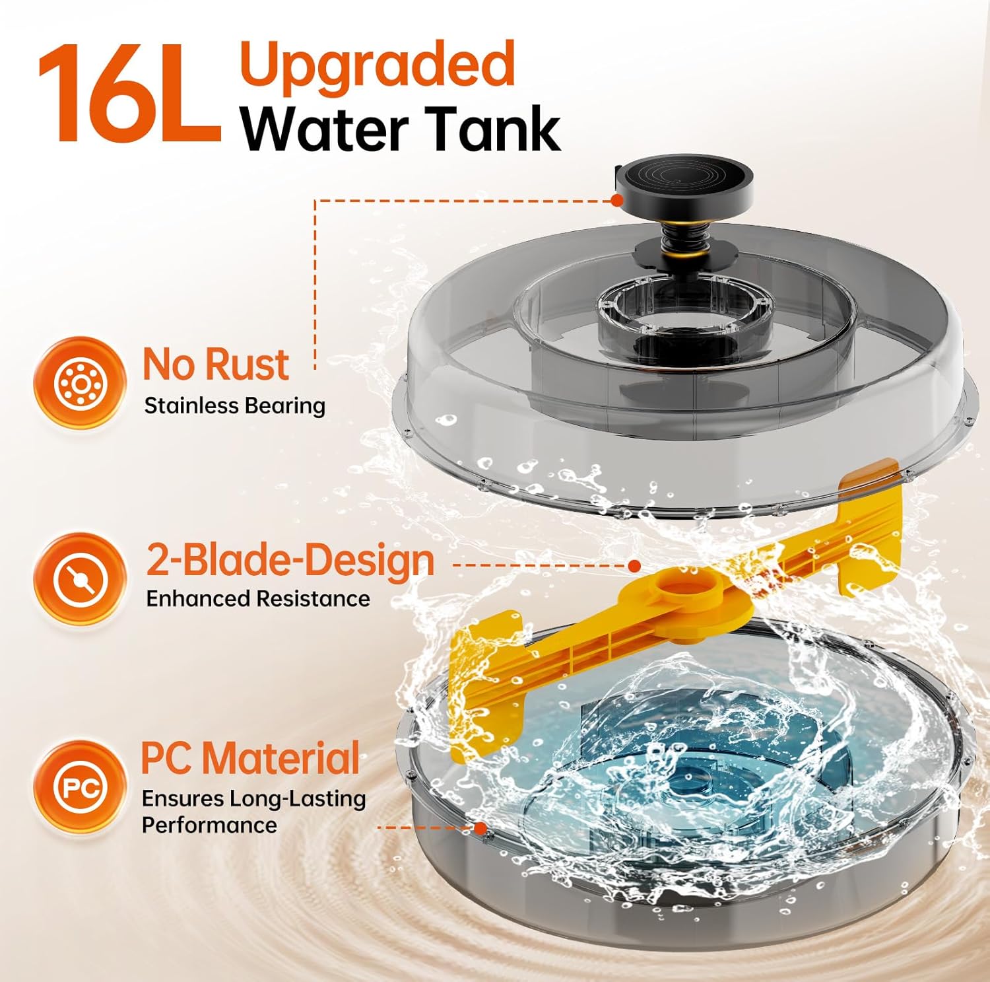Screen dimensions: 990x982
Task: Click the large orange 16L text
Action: [129, 94]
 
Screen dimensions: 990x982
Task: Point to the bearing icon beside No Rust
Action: [80, 383]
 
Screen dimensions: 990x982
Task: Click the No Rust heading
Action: [216, 364]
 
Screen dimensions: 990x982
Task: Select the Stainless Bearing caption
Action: [235, 405]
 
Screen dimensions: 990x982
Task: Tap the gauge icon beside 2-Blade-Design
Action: [80, 579]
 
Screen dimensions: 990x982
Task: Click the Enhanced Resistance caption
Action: [258, 598]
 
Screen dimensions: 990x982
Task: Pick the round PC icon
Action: [80, 787]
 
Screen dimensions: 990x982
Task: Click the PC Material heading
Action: [251, 757]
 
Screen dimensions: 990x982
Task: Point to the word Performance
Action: [209, 825]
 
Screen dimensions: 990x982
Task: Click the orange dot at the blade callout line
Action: [634, 566]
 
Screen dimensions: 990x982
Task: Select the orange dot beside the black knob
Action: [618, 199]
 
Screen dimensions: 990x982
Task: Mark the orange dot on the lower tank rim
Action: [480, 827]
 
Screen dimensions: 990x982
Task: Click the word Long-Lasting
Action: [298, 799]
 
